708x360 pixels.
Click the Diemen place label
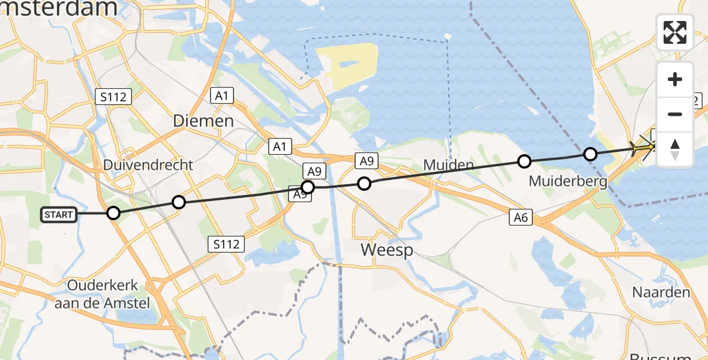pyautogui.click(x=203, y=121)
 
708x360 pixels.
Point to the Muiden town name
pyautogui.click(x=448, y=164)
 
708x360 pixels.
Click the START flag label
pyautogui.click(x=59, y=215)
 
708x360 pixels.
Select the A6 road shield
pyautogui.click(x=521, y=217)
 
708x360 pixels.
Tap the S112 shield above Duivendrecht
pyautogui.click(x=113, y=96)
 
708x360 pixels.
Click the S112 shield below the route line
pyautogui.click(x=227, y=244)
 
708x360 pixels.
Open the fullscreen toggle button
pyautogui.click(x=675, y=32)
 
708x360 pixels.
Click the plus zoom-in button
pyautogui.click(x=675, y=79)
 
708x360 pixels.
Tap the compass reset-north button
pyautogui.click(x=675, y=149)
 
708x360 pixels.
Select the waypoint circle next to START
pyautogui.click(x=113, y=213)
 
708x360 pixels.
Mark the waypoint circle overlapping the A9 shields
pyautogui.click(x=307, y=187)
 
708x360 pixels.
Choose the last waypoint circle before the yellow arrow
pyautogui.click(x=590, y=154)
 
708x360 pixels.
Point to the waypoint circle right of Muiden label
pyautogui.click(x=524, y=161)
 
